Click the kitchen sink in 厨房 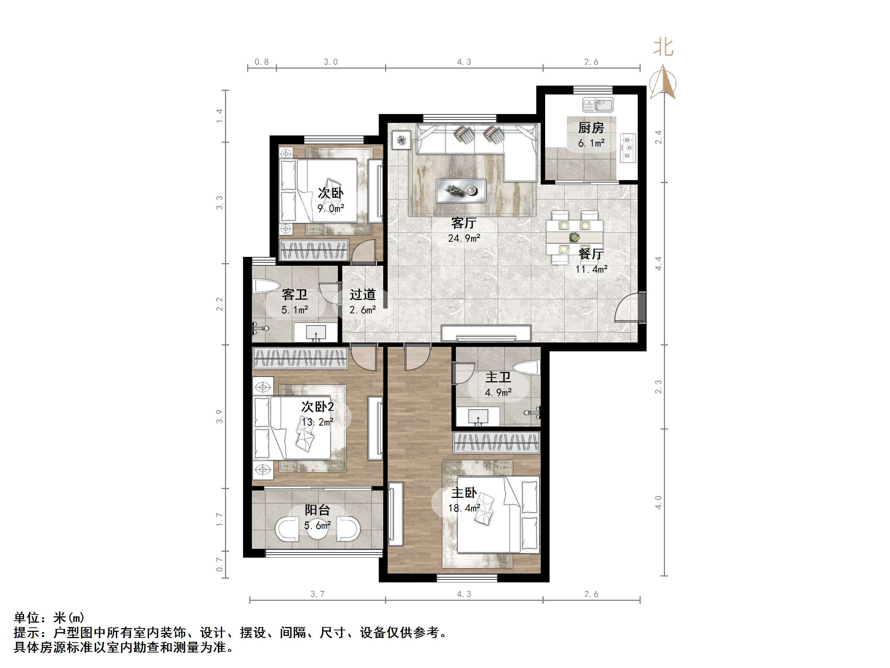pyautogui.click(x=598, y=105)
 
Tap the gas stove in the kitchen pyautogui.click(x=628, y=148)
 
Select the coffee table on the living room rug pyautogui.click(x=461, y=190)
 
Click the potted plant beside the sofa pyautogui.click(x=401, y=140)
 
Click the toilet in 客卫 pyautogui.click(x=266, y=286)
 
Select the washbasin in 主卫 pyautogui.click(x=478, y=416)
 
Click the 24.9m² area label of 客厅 pyautogui.click(x=464, y=238)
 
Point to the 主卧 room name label pyautogui.click(x=464, y=492)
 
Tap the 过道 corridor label pyautogui.click(x=363, y=295)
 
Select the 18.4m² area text pyautogui.click(x=464, y=508)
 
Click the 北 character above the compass pyautogui.click(x=663, y=48)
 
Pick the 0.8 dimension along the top pyautogui.click(x=262, y=62)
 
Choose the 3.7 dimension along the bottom pyautogui.click(x=317, y=594)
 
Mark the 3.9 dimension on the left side pyautogui.click(x=219, y=416)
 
